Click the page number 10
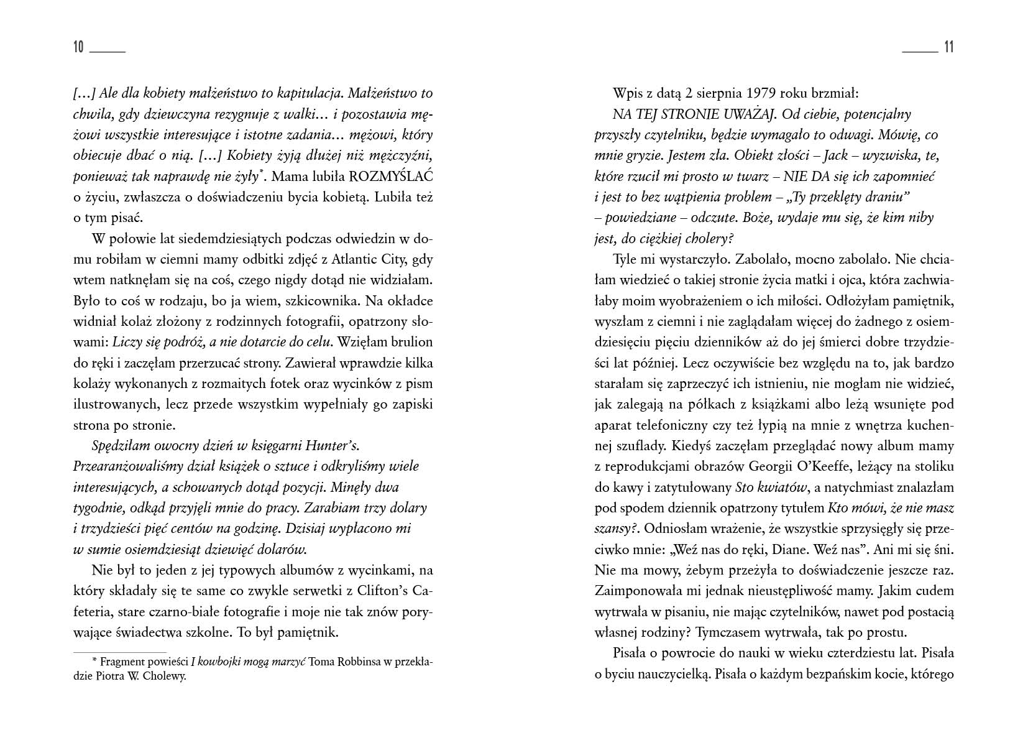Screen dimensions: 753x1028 [x=78, y=47]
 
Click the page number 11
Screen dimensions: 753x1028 [x=948, y=47]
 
